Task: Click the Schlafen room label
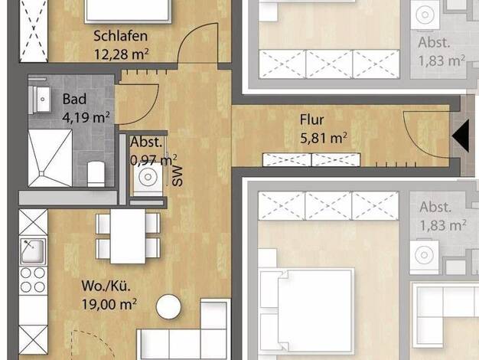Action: [x=120, y=36]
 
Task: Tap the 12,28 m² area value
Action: [x=121, y=54]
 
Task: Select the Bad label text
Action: [x=74, y=99]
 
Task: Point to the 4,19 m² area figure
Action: [x=86, y=117]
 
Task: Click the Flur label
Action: [x=311, y=119]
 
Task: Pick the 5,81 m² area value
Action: [x=323, y=138]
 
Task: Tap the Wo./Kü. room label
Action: [x=106, y=286]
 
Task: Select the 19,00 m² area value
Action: [x=109, y=304]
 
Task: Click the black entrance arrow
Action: [x=461, y=136]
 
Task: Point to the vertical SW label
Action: [x=178, y=176]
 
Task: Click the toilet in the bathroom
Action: [x=96, y=173]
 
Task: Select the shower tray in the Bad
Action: [x=50, y=158]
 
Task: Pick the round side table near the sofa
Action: [x=168, y=307]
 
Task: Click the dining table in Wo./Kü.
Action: [x=128, y=236]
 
